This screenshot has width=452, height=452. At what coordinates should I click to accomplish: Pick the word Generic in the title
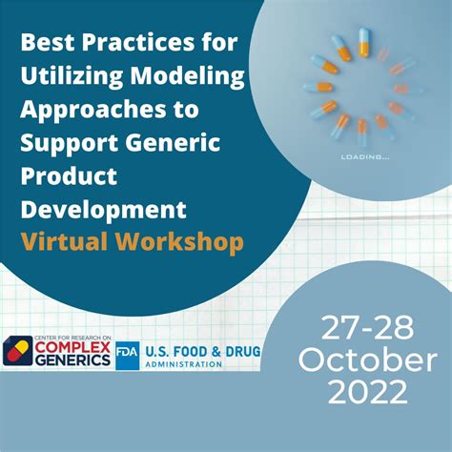click(x=186, y=143)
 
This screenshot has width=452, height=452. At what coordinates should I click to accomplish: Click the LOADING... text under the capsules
click(x=362, y=156)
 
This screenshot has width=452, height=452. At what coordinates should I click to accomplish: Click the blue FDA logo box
click(x=128, y=355)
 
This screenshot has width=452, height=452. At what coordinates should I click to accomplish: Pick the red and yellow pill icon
click(x=15, y=353)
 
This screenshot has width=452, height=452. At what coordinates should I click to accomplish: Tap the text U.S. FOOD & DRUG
click(x=201, y=352)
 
